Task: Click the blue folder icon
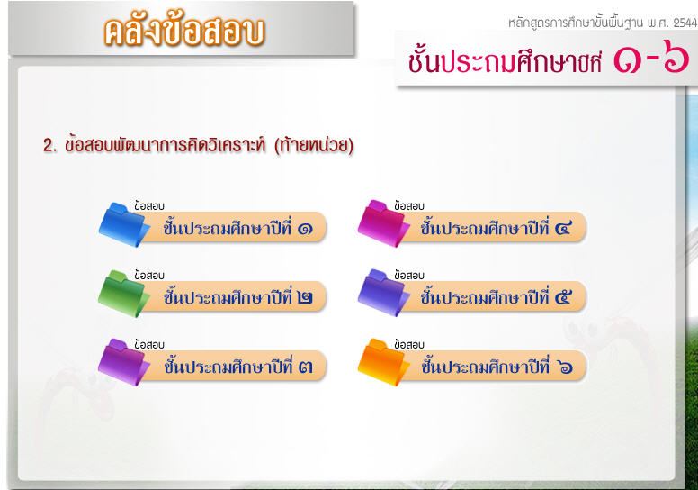[x=124, y=224]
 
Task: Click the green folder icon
[x=124, y=294]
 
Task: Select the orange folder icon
[x=383, y=362]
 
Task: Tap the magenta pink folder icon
[x=383, y=223]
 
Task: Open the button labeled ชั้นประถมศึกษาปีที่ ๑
[x=234, y=227]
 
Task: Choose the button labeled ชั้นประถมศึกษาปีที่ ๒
[x=234, y=296]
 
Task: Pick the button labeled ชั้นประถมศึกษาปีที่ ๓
[x=234, y=366]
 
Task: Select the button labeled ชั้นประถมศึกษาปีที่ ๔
[x=493, y=227]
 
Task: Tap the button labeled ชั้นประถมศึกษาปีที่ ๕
[x=493, y=296]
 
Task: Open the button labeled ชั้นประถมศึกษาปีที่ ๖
[x=493, y=366]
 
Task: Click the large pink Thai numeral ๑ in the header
[x=627, y=59]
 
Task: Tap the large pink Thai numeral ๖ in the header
[x=676, y=56]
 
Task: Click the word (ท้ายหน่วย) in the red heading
[x=314, y=145]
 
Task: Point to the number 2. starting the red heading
[x=49, y=145]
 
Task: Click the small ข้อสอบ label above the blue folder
[x=149, y=206]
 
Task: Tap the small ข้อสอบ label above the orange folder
[x=408, y=345]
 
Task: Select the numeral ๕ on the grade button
[x=563, y=297]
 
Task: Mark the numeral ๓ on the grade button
[x=306, y=367]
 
